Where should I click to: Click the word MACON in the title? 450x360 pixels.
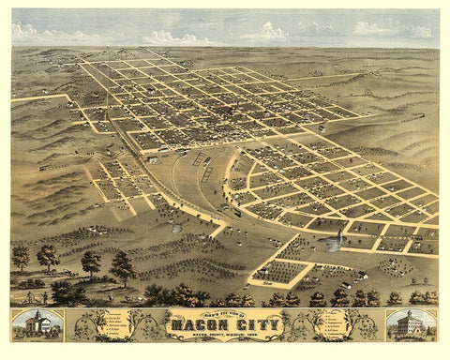195,326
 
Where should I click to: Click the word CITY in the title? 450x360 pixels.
255,326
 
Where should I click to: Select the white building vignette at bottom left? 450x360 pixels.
37,324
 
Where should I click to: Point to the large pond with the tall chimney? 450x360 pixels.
330,243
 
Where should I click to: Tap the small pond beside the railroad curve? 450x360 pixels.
176,228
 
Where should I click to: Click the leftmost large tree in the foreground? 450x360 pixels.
21,255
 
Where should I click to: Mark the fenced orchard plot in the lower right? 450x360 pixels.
279,271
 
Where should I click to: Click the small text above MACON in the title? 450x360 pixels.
225,316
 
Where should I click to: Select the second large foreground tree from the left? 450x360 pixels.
48,256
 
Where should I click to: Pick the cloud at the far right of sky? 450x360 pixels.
417,30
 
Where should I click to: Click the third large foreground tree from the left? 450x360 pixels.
91,262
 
